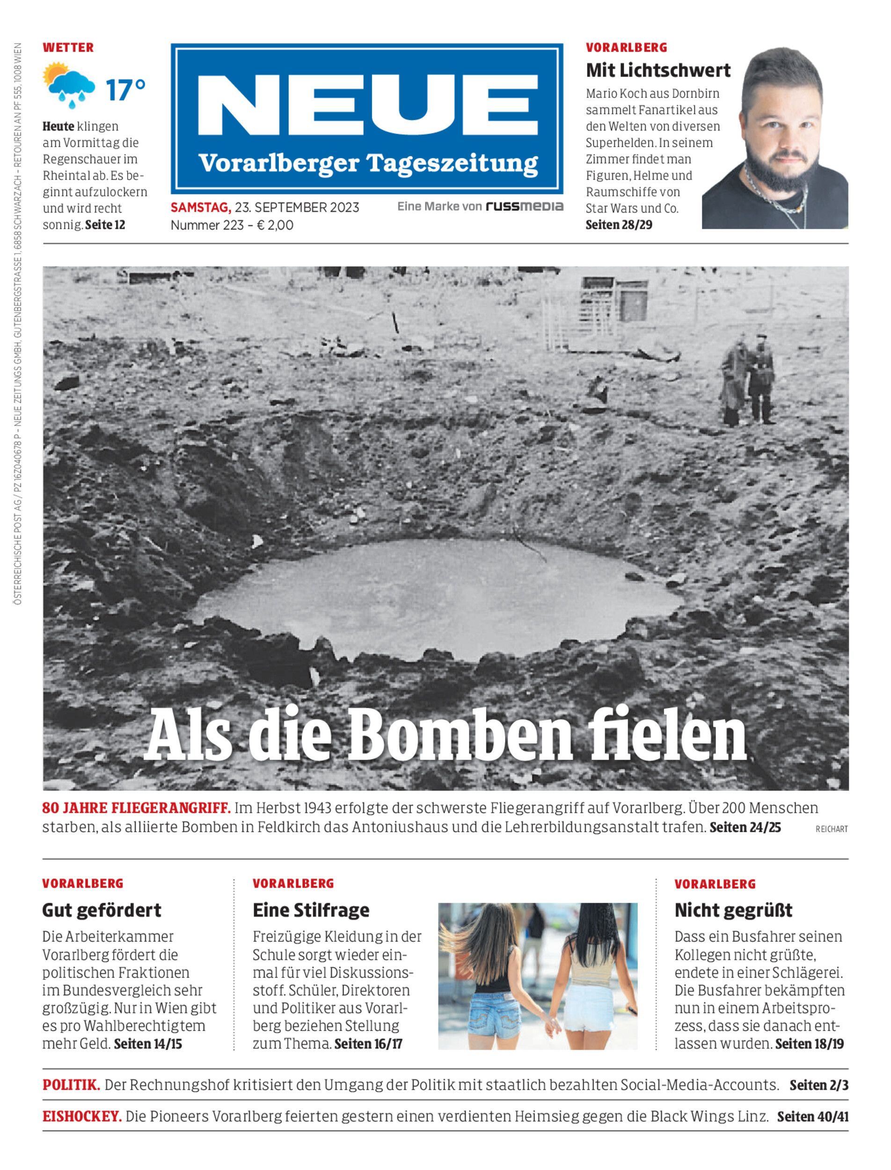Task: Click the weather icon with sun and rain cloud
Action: click(69, 85)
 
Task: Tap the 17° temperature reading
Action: click(125, 90)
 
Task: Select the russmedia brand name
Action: click(525, 206)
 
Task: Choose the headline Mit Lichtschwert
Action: click(657, 70)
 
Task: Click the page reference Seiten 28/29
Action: click(618, 225)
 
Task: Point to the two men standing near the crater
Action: click(748, 379)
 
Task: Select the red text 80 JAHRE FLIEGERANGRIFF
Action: click(136, 808)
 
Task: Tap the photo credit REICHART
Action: click(832, 829)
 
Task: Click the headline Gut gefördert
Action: click(101, 910)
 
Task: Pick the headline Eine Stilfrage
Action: click(311, 910)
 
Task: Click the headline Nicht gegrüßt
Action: click(733, 910)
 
